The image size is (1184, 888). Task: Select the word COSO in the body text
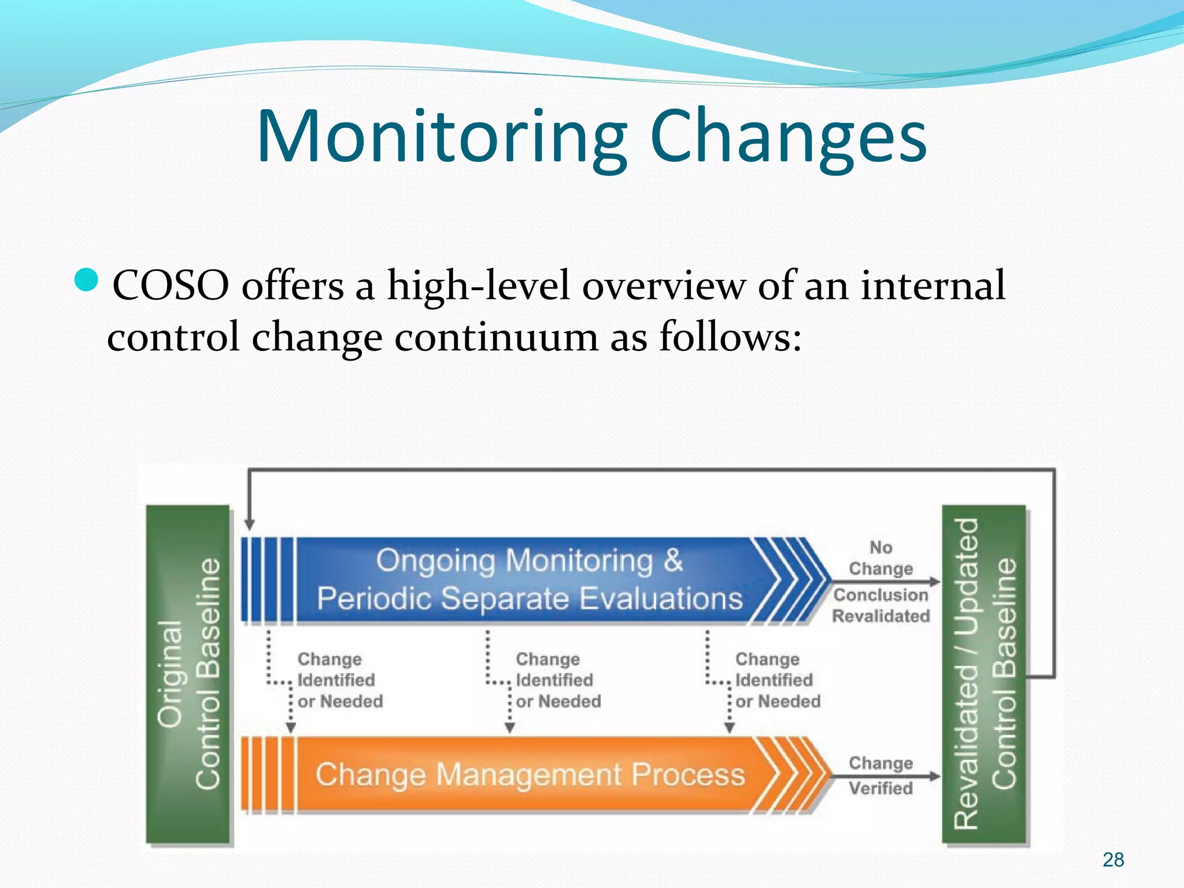pos(171,286)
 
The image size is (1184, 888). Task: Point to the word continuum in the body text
pos(497,337)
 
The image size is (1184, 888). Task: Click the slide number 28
pos(1113,860)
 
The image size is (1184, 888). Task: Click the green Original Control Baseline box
pos(188,674)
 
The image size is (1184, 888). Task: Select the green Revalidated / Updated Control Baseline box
pos(984,674)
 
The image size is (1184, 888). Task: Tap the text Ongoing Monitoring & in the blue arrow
pos(529,561)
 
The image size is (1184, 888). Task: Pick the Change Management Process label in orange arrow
pos(529,775)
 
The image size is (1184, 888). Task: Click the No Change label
pos(880,558)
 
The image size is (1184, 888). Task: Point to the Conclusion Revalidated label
pos(880,605)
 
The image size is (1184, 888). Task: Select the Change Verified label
pos(880,775)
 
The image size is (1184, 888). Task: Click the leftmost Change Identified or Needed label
pos(339,680)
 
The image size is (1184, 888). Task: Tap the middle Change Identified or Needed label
pos(558,680)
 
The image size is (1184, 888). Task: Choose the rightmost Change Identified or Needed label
pos(777,680)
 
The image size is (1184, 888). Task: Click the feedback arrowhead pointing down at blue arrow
pos(249,524)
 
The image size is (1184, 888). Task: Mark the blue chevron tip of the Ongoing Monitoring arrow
pos(809,580)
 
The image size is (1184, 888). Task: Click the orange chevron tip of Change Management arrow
pos(809,774)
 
